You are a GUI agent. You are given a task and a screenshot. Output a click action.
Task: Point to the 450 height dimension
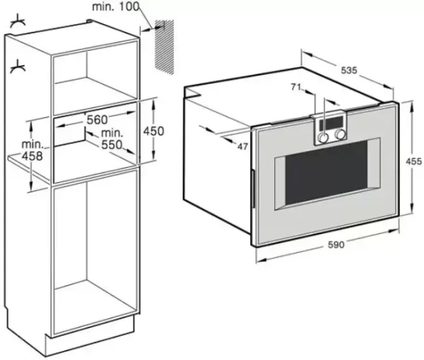153,131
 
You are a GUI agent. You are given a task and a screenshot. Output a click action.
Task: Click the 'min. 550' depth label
111,139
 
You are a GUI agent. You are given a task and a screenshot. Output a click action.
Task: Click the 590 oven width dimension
336,245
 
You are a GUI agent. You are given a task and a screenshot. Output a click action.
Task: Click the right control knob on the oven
341,134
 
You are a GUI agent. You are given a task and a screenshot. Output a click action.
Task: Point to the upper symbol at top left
16,24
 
